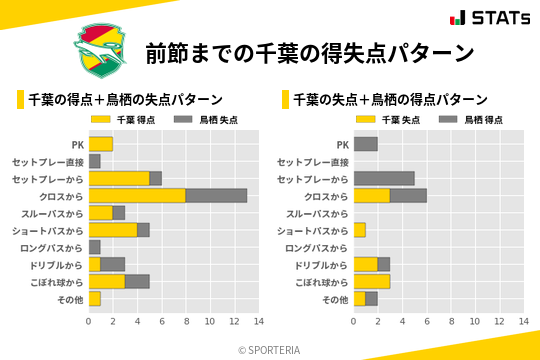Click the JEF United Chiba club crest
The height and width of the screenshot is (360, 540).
coord(101,50)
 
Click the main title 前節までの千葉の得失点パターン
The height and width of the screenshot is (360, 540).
coord(309,51)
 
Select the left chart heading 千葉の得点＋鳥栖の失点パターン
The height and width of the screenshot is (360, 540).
coord(125,99)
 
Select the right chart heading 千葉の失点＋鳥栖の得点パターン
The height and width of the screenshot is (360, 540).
coord(390,99)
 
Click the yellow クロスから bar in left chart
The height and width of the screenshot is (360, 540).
coord(137,195)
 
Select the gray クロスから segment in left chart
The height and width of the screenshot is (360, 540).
coord(216,195)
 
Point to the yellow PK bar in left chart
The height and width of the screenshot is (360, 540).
coord(100,144)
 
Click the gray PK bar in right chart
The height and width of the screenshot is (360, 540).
coord(365,144)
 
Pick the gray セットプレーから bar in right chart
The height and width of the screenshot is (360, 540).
coord(383,178)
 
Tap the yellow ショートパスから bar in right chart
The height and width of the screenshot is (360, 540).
coord(359,230)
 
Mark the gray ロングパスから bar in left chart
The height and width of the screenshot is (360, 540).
coord(94,247)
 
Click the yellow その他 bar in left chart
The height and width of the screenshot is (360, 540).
coord(94,299)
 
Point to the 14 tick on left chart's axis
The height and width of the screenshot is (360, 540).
coord(258,321)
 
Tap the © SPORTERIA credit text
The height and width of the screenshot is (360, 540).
coord(269,349)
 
